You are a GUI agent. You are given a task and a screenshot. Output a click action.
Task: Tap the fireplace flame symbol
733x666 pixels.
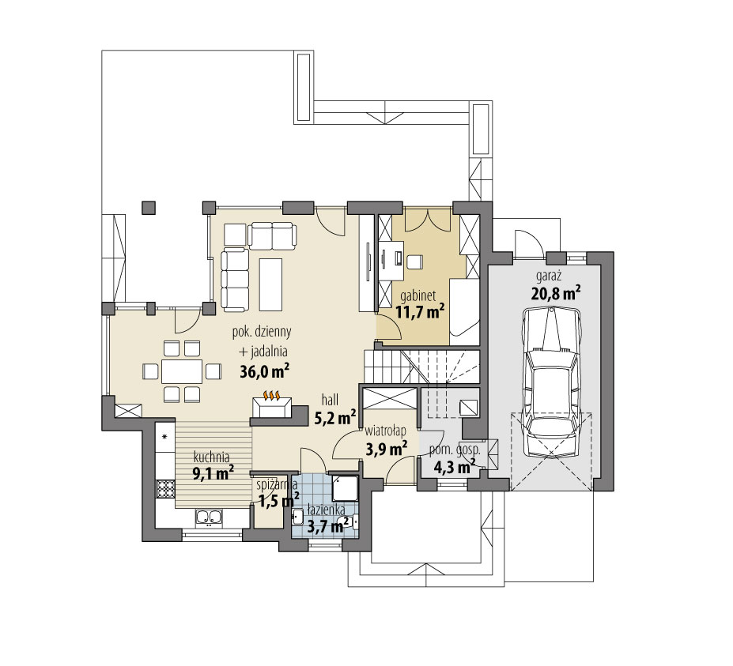tap(271, 394)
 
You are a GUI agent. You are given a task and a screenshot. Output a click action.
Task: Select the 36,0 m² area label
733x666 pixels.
tap(264, 370)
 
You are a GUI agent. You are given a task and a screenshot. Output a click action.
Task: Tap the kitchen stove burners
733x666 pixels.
tap(165, 489)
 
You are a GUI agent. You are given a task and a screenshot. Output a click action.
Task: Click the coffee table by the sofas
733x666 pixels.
tap(270, 284)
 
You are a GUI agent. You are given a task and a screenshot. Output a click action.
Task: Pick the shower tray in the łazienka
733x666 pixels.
tap(345, 488)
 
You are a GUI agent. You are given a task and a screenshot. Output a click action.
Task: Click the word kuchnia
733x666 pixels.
tap(210, 456)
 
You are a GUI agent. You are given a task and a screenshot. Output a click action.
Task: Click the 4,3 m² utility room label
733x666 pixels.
tap(454, 466)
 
